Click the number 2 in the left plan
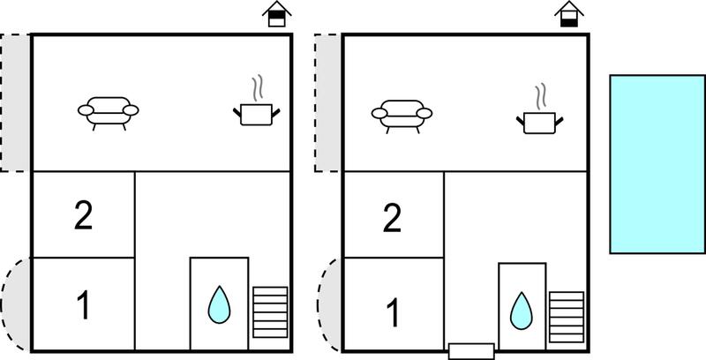[84, 216]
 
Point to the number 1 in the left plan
[84, 304]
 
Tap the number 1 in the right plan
[393, 312]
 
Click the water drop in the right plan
[522, 311]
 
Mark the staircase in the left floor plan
[270, 311]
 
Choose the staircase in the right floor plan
[567, 317]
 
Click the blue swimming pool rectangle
[657, 164]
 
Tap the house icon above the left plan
[277, 14]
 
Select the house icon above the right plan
[569, 14]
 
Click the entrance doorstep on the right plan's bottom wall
[471, 351]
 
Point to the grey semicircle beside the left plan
[17, 304]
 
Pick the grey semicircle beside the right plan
[331, 304]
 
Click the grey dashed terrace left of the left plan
[15, 102]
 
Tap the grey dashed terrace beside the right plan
[328, 102]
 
